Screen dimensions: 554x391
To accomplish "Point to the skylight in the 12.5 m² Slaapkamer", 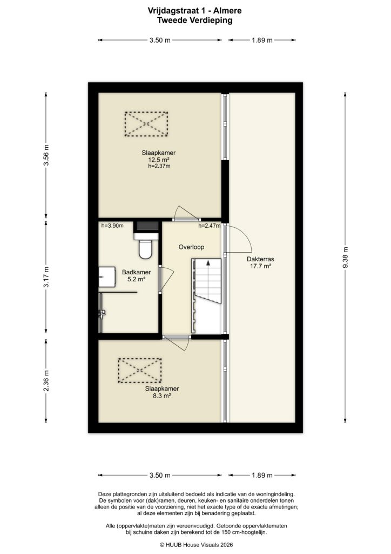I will [x=146, y=124].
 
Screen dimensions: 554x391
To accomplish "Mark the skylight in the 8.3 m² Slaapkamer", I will [x=140, y=370].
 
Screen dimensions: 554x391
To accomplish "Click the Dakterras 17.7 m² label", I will [x=260, y=262].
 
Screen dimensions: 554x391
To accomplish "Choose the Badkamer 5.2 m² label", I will [x=136, y=276].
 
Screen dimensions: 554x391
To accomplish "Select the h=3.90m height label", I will [x=112, y=226].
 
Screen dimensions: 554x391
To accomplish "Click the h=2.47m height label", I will [x=210, y=226].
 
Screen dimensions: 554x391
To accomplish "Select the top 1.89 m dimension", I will [x=262, y=40].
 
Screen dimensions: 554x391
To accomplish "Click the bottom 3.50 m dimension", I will [x=160, y=476].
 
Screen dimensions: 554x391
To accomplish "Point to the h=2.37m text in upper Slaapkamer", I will [x=159, y=167].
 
